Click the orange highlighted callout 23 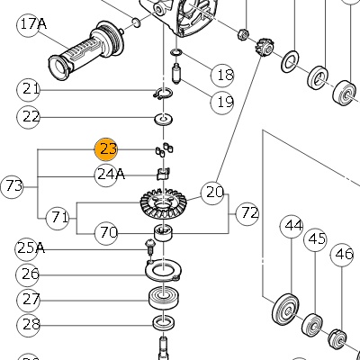tap(106, 149)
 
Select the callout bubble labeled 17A tap(29, 25)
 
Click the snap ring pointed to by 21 tap(162, 94)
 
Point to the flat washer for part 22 tap(164, 119)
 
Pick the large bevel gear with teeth tap(164, 203)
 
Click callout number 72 tap(247, 213)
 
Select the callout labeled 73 tap(12, 186)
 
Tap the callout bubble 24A tap(106, 175)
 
